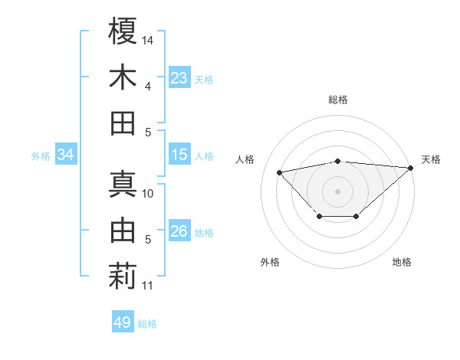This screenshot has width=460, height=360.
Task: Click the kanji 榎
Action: tap(123, 31)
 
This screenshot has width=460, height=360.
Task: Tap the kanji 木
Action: tap(123, 77)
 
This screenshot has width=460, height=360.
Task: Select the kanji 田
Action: tap(123, 123)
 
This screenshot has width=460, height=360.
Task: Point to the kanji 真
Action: tap(123, 185)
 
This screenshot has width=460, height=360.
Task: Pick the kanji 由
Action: tap(123, 231)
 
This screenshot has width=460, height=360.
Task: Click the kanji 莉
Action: tap(123, 277)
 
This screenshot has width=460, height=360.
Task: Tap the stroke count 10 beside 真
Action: tap(148, 193)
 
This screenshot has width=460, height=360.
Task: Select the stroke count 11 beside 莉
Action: tap(147, 286)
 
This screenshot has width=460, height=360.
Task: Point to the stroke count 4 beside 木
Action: tap(148, 87)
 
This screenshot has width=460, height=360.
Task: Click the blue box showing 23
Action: tap(179, 78)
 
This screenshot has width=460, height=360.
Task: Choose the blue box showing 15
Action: tap(179, 155)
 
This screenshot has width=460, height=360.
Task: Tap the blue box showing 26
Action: tap(179, 231)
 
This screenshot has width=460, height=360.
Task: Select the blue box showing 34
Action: tap(66, 155)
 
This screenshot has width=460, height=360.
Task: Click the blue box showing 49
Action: tap(123, 322)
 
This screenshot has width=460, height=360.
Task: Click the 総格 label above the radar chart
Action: tap(338, 100)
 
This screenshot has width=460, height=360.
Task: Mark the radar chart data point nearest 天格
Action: tap(411, 168)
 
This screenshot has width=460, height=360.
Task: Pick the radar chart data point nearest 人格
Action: tap(279, 172)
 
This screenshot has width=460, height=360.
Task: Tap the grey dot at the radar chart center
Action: tap(338, 190)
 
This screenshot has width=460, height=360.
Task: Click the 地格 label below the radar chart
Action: tap(402, 263)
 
